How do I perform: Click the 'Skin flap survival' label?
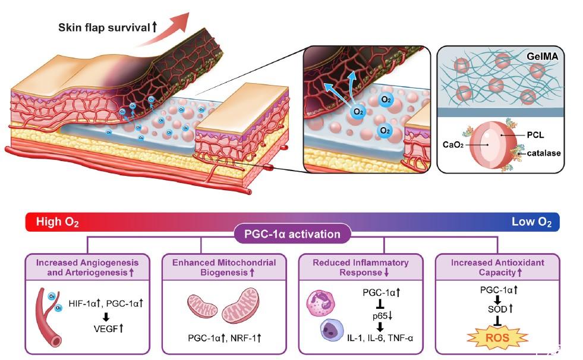[103, 27]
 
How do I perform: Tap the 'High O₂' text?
[58, 222]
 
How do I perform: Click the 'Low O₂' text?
[531, 222]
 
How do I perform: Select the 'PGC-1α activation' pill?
[291, 233]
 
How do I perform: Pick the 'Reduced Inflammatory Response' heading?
[361, 267]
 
